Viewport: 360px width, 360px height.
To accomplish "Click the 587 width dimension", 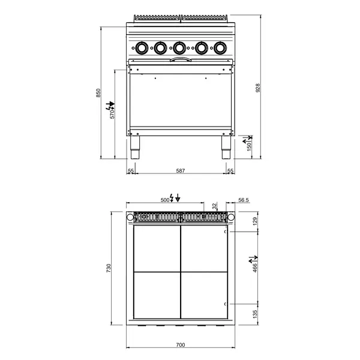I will coord(180,171).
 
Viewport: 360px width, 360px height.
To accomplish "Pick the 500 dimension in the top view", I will coord(165,199).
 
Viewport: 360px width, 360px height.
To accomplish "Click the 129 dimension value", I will coord(256,222).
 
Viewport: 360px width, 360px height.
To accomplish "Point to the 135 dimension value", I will coord(256,313).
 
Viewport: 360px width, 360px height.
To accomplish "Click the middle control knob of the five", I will coord(180,47).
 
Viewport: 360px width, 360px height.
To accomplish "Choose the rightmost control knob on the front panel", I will coord(220,47).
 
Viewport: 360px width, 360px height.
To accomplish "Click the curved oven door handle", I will coord(180,60).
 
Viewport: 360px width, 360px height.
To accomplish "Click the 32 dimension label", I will coord(214,206).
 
